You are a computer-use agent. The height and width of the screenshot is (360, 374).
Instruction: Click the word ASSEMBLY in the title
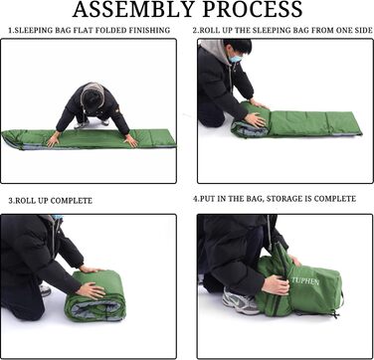[x=133, y=10]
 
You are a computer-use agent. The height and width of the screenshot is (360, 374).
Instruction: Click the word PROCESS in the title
[x=253, y=10]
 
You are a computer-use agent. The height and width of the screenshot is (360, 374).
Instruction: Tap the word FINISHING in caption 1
[x=149, y=30]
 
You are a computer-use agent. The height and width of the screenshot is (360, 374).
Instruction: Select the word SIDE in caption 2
[x=363, y=30]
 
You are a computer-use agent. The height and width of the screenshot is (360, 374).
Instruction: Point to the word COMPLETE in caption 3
[x=72, y=201]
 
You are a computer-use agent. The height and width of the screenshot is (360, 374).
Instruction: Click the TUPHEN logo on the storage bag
[x=305, y=281]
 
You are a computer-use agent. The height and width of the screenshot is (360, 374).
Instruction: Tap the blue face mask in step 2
[x=235, y=59]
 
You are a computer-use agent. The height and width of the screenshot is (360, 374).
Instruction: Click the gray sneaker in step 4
[x=241, y=301]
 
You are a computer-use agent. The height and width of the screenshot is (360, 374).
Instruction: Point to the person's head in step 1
[x=93, y=96]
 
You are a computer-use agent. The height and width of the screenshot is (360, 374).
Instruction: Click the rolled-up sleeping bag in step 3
[x=95, y=295]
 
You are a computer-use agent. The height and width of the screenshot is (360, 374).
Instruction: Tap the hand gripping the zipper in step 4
[x=276, y=285]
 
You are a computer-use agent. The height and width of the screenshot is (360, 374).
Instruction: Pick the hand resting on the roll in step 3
[x=91, y=290]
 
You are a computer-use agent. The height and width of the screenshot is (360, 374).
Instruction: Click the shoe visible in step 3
[x=45, y=290]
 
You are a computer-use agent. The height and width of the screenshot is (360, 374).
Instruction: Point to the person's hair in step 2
[x=238, y=46]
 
